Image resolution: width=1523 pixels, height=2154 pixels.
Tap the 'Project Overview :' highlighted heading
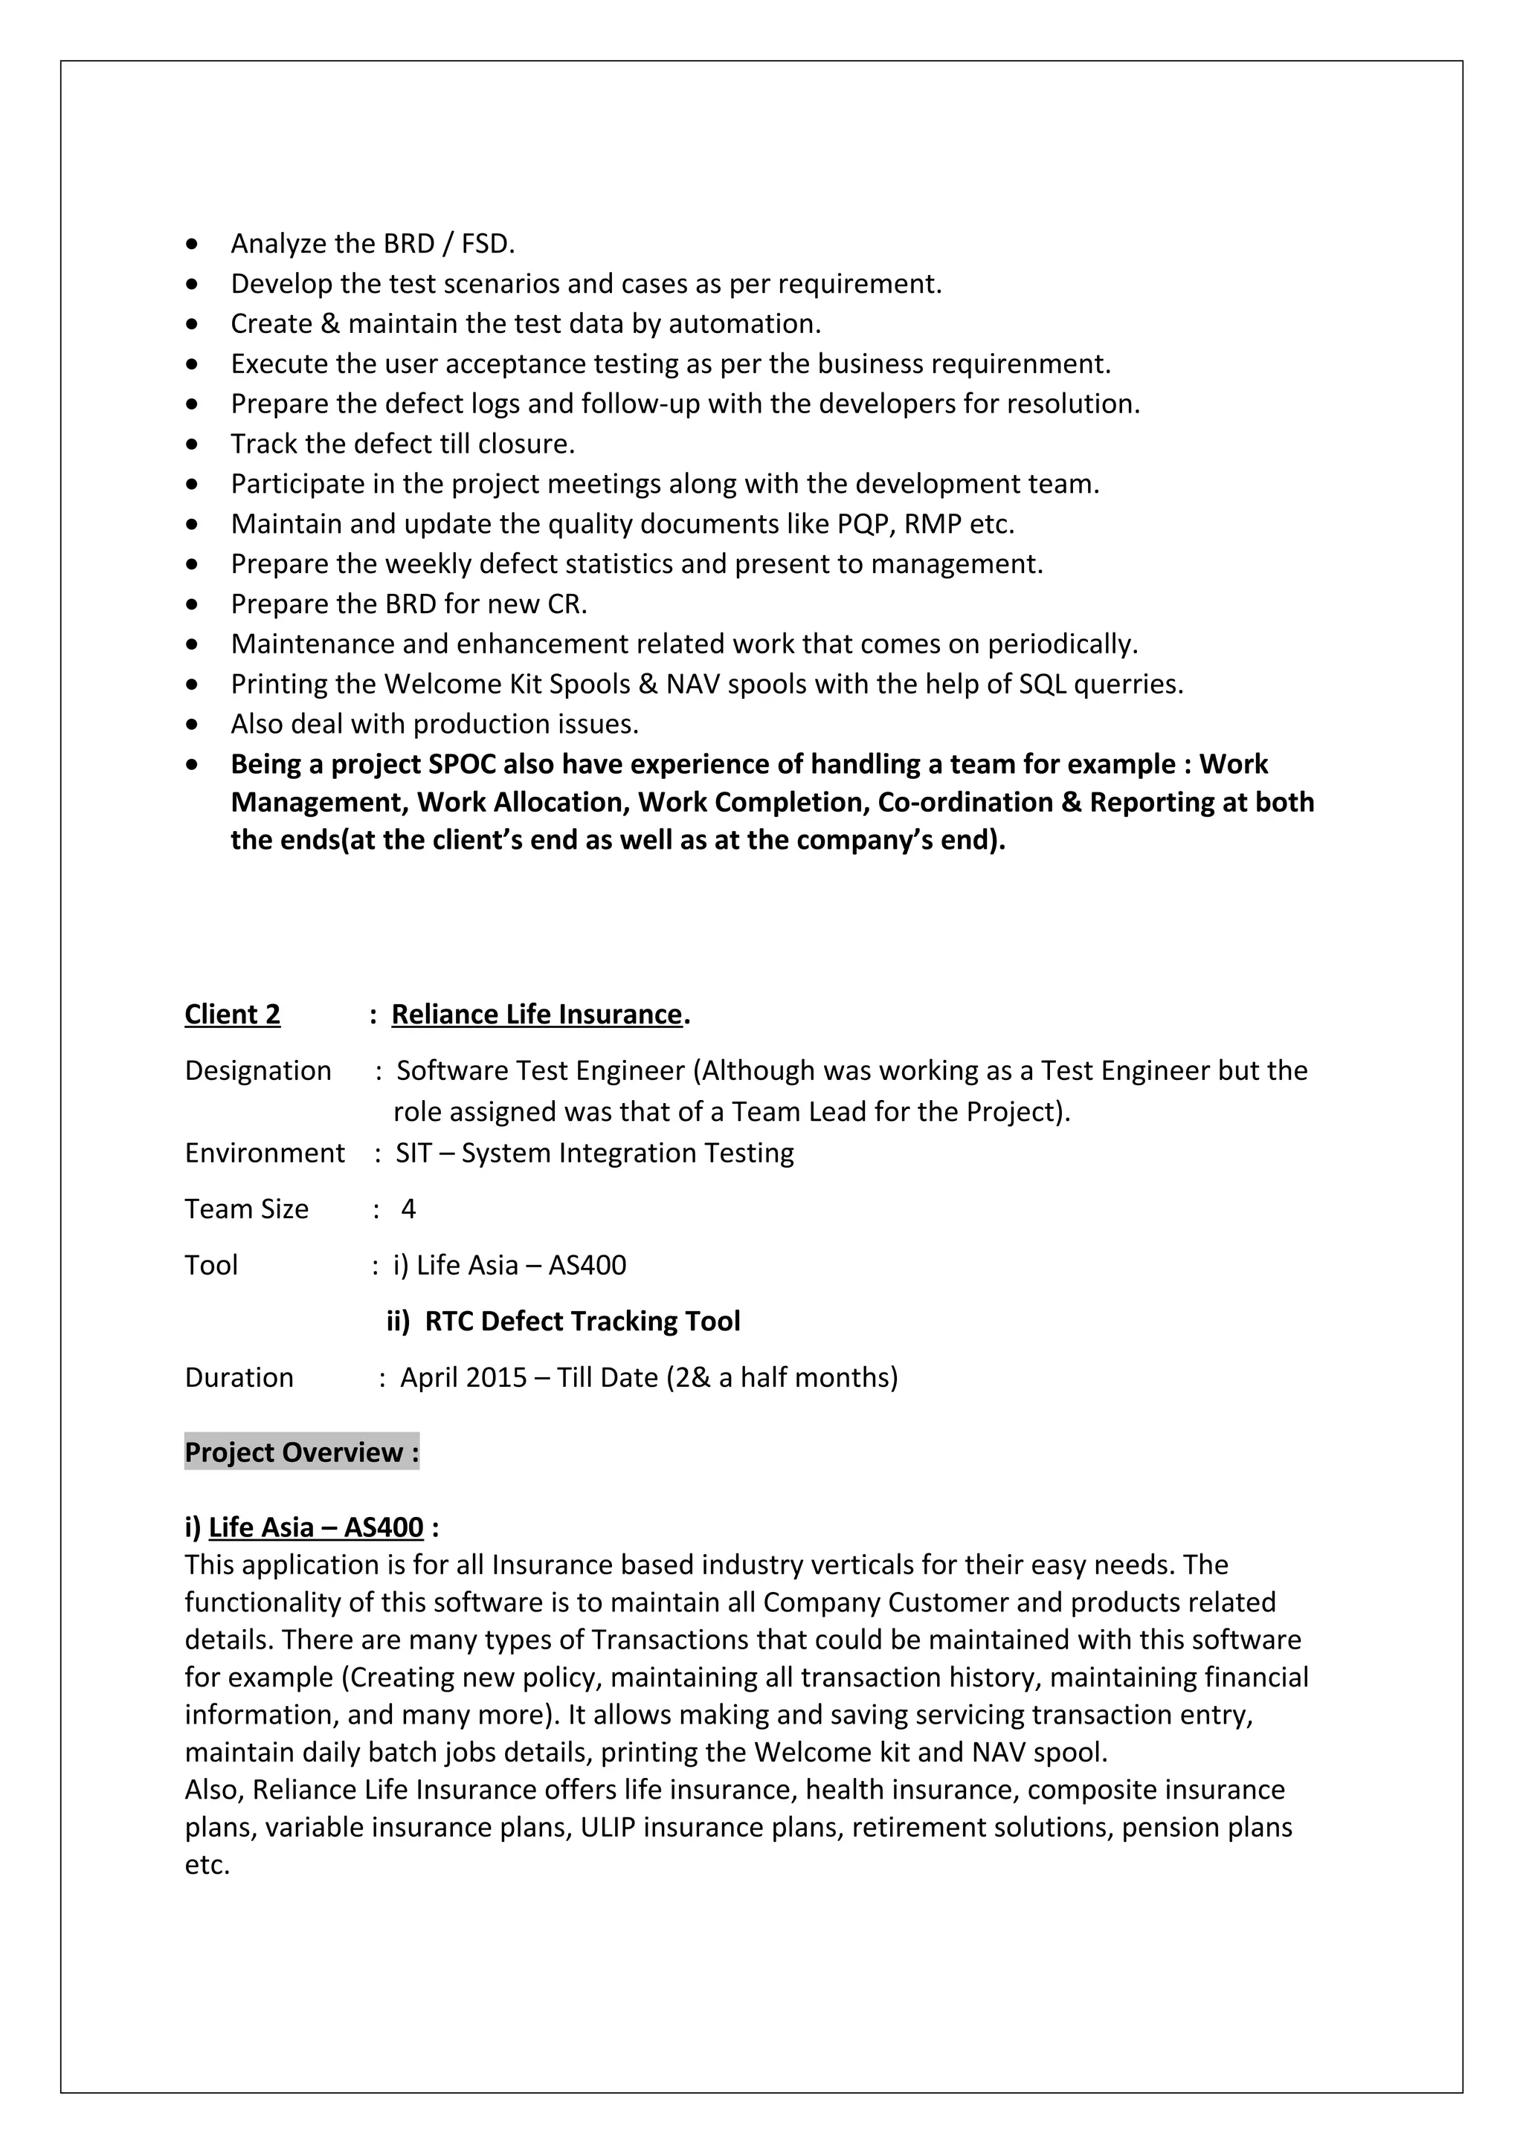click(301, 1452)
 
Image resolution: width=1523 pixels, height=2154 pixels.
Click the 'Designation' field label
click(258, 1070)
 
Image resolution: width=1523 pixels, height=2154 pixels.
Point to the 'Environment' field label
click(265, 1152)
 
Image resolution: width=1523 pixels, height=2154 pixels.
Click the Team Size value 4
click(408, 1209)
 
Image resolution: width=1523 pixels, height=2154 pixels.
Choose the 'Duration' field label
click(239, 1377)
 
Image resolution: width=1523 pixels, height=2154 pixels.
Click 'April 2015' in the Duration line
click(463, 1377)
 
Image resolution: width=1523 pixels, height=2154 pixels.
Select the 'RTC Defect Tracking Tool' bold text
click(582, 1321)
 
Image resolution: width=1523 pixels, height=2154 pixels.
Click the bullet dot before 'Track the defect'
click(193, 444)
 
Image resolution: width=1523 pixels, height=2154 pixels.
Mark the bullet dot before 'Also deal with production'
click(193, 724)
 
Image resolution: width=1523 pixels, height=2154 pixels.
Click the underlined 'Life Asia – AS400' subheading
click(315, 1527)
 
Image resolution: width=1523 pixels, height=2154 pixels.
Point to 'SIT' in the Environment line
click(413, 1152)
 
